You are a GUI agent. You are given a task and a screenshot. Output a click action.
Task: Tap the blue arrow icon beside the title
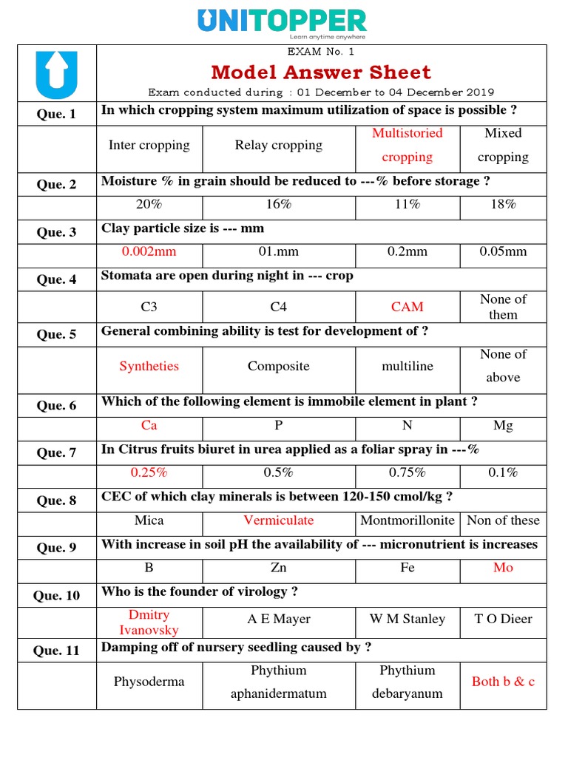56,74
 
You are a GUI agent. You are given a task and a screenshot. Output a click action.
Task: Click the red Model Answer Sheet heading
321,72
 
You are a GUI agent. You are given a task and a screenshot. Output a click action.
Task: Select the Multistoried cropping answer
407,145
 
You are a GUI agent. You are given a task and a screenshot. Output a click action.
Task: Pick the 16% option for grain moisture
278,205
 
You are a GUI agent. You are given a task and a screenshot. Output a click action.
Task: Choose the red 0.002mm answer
149,251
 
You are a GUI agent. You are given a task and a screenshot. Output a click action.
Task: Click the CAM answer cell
407,306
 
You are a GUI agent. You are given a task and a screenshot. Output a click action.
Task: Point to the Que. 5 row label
56,334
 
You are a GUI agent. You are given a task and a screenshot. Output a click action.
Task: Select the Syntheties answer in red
149,366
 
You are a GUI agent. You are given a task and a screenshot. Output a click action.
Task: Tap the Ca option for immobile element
149,426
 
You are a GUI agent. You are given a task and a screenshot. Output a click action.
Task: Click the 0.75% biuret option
407,472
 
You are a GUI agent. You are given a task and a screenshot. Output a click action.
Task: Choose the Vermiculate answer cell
278,520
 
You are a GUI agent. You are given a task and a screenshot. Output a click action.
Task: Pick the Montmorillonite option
407,520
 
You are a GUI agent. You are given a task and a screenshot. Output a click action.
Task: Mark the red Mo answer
503,568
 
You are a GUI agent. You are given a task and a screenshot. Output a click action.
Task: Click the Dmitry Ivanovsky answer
149,622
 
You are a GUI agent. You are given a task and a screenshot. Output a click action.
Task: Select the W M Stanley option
407,619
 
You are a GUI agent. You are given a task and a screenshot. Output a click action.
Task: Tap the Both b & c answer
503,682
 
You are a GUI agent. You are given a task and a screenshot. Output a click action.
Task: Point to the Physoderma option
149,682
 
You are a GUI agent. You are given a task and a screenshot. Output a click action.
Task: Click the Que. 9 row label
56,548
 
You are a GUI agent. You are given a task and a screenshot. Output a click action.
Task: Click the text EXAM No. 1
321,52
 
